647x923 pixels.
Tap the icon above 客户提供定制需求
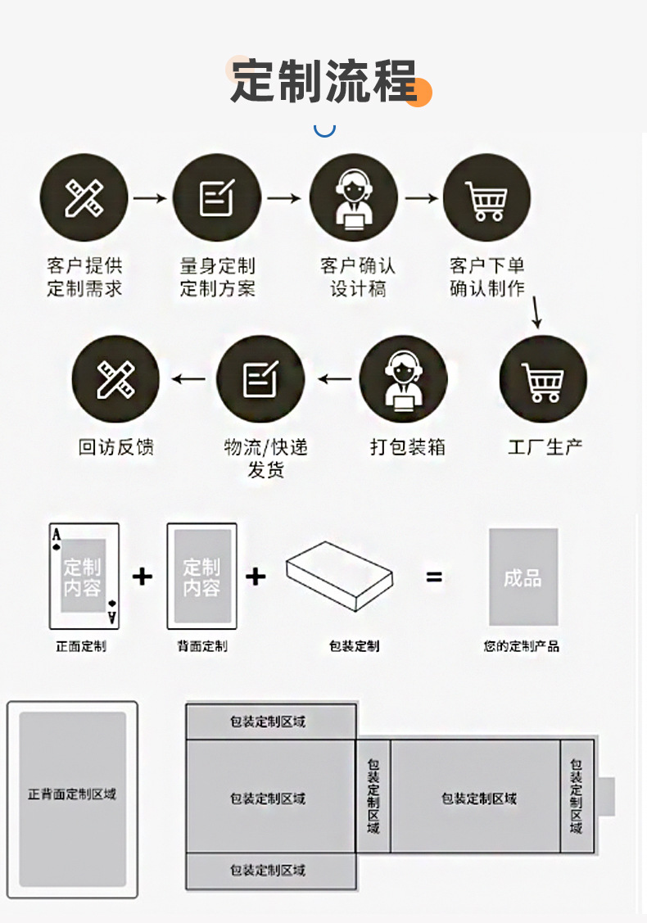click(84, 197)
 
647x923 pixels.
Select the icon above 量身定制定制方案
click(217, 197)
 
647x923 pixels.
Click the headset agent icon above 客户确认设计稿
click(353, 197)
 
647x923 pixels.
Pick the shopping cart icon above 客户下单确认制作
click(486, 197)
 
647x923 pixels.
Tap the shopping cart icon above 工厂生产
click(543, 379)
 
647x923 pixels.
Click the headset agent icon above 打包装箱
click(404, 379)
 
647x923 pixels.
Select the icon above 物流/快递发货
click(260, 379)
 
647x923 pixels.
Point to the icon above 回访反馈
click(115, 379)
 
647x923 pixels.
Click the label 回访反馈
click(115, 447)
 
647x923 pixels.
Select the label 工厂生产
click(545, 447)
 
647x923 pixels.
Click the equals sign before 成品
click(434, 577)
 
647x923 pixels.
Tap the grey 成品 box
click(523, 577)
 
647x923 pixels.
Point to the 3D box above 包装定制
click(342, 576)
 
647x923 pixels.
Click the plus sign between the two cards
click(143, 577)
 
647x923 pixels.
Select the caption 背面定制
click(201, 646)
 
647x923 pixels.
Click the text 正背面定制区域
click(72, 794)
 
